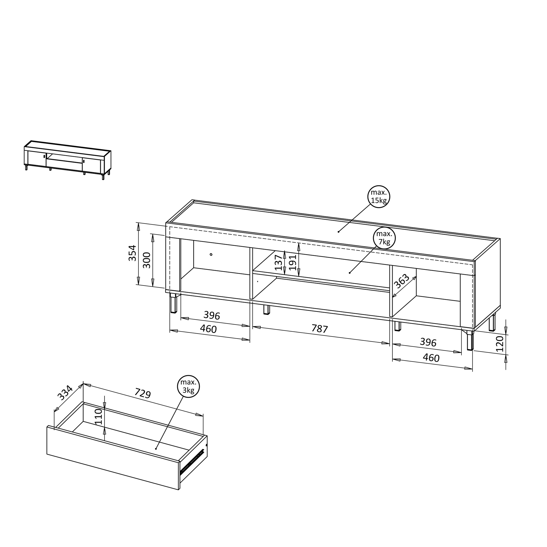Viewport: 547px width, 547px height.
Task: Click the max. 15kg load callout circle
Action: point(379,196)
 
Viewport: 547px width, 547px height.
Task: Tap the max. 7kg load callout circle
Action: point(384,238)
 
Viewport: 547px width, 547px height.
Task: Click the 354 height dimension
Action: point(132,253)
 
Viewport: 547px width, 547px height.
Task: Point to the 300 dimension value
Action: point(147,260)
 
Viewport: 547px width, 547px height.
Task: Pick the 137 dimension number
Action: point(279,262)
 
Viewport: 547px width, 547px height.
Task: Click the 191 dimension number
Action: point(292,262)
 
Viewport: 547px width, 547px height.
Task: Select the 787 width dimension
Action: point(320,329)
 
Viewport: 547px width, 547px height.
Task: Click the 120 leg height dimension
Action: point(500,344)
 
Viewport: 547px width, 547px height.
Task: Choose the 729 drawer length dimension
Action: point(142,393)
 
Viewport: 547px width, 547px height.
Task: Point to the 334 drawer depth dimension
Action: point(65,393)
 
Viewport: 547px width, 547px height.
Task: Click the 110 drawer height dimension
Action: point(98,417)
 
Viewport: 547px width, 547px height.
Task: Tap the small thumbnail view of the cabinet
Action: point(67,160)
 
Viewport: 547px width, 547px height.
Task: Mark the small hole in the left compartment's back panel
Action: point(211,255)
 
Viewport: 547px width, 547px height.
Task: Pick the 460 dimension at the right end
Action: point(431,358)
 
